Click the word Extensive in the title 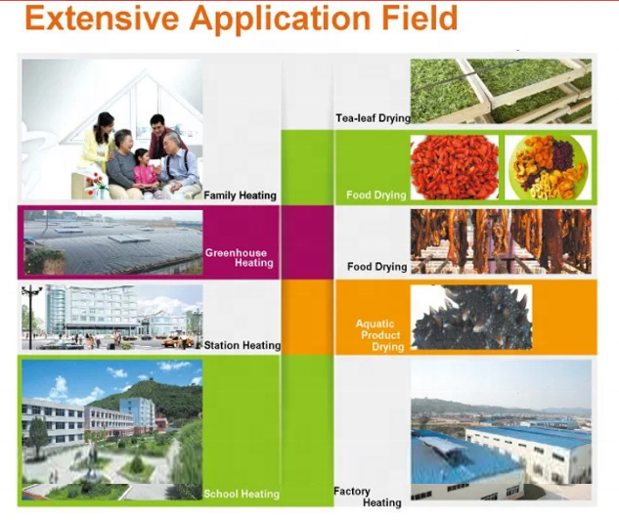(102, 18)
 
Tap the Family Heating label (240, 195)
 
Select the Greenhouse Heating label (240, 258)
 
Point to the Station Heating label (243, 345)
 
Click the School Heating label (242, 494)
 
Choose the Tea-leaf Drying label (373, 118)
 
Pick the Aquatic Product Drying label (379, 335)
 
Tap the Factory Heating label (368, 497)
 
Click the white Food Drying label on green (376, 195)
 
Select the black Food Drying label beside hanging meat (377, 267)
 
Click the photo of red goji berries (455, 167)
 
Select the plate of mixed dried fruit (549, 167)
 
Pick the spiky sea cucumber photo (471, 318)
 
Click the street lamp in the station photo (30, 316)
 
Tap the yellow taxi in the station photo (174, 342)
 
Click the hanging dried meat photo (501, 241)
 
